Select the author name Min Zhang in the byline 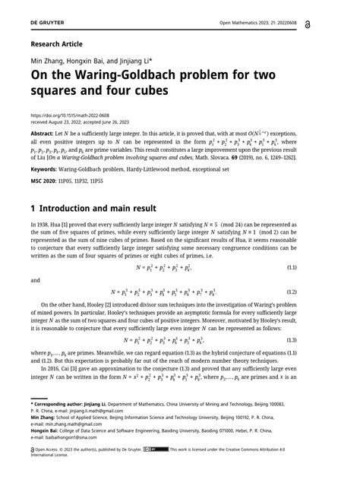(x=46, y=60)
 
